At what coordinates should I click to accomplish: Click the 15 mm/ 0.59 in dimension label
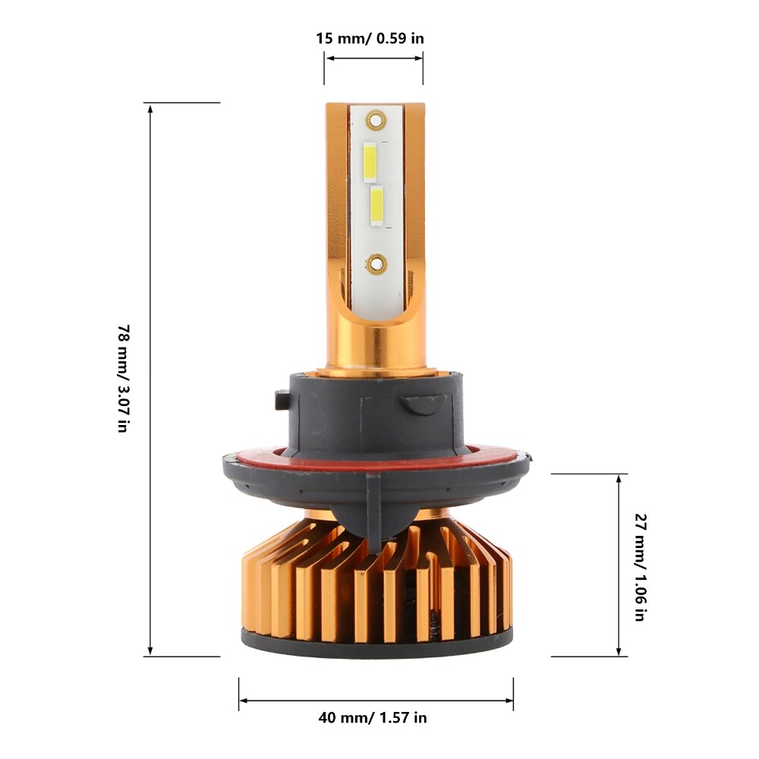pos(370,38)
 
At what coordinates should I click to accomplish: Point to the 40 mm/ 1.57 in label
pos(373,717)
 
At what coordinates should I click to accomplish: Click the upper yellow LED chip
pos(370,162)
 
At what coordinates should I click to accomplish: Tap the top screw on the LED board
pos(373,120)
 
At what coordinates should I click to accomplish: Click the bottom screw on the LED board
pos(375,264)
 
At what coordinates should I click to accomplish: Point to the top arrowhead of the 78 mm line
pos(150,109)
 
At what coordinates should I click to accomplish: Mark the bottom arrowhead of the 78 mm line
pos(150,650)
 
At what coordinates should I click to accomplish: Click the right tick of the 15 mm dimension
pos(423,68)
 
